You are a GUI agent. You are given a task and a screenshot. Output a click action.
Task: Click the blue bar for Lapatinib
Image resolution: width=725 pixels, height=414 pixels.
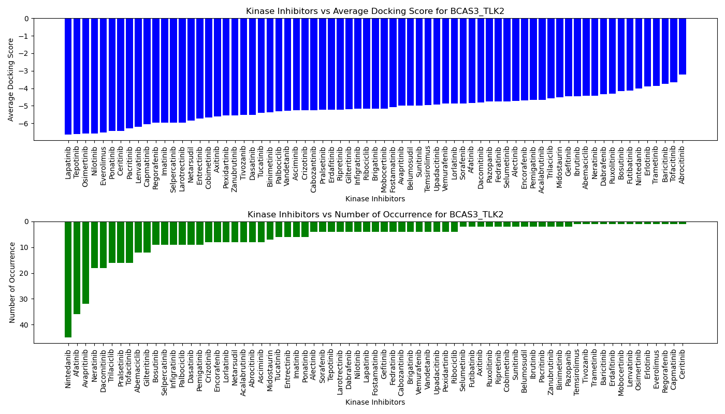[68, 76]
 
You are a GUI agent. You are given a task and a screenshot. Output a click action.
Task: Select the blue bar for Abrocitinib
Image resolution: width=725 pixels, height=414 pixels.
[683, 47]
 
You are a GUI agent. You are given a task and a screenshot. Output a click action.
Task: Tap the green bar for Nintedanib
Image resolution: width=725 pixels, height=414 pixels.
[68, 279]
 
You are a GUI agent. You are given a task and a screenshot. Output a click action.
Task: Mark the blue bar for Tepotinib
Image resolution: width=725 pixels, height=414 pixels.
[77, 76]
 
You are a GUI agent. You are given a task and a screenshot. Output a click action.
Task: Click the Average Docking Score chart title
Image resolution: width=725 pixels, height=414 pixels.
[375, 11]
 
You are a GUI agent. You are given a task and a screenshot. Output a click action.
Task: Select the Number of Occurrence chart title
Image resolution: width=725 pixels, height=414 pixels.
[375, 215]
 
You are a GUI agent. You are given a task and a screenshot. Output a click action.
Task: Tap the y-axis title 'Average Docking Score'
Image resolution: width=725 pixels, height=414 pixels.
[11, 79]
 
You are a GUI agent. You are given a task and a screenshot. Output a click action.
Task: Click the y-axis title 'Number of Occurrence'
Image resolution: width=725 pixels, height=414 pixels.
[12, 282]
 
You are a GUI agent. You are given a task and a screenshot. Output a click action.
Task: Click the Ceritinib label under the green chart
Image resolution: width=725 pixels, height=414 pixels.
[682, 363]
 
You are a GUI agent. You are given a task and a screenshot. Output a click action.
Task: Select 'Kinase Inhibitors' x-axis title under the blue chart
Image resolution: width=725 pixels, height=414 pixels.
[375, 199]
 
